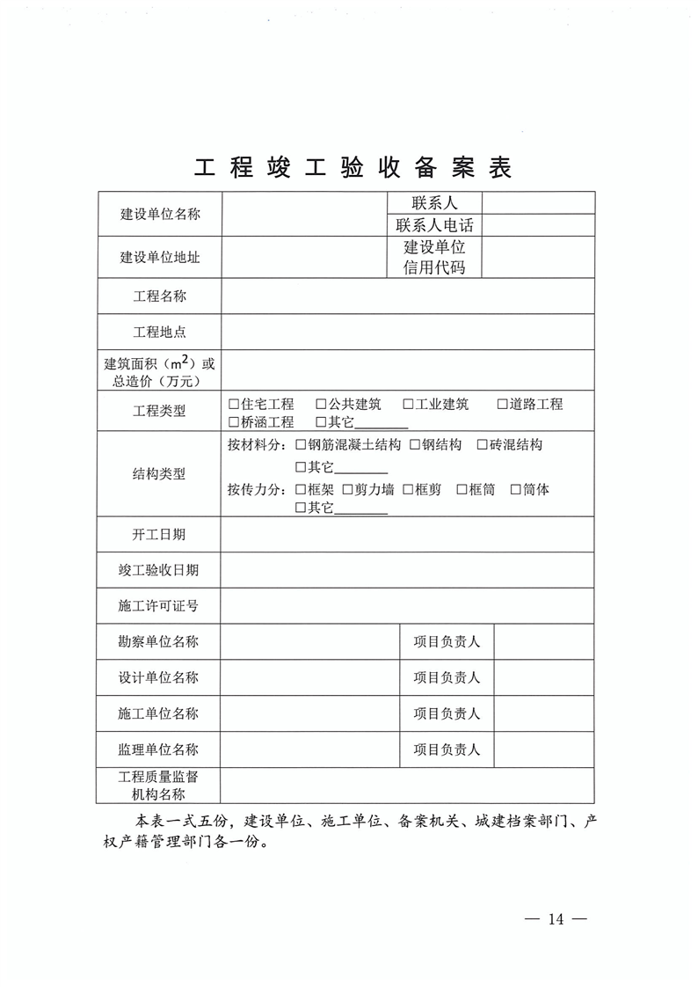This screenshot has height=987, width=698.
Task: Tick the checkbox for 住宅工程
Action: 234,405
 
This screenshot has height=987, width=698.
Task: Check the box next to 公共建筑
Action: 322,405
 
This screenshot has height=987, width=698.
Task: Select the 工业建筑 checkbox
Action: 409,405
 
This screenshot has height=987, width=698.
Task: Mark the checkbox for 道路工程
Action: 503,405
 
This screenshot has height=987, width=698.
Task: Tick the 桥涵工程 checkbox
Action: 234,422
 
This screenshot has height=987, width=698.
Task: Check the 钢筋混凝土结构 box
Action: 302,445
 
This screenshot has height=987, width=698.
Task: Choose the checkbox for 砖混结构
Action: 482,445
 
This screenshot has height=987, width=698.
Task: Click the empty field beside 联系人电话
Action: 538,225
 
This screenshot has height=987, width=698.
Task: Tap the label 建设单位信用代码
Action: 434,258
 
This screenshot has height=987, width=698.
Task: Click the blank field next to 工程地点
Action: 408,333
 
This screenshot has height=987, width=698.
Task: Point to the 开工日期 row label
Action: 159,534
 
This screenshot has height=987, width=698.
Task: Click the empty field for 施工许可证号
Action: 408,606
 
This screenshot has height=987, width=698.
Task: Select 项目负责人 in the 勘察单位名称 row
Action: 447,642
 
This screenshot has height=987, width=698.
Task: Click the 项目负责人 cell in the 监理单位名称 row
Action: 447,749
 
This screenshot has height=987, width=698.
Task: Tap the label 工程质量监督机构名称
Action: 159,786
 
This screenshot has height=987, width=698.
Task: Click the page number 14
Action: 555,919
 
